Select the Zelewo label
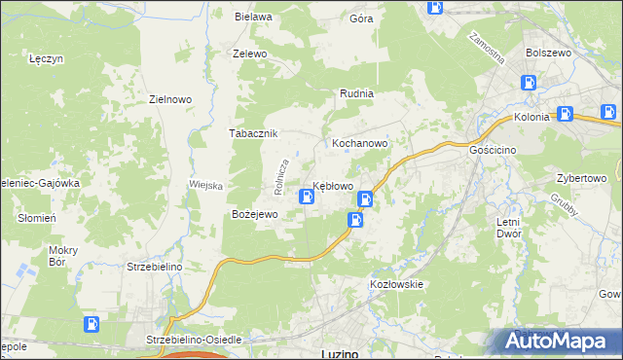coord(249,54)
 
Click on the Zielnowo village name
coord(169,98)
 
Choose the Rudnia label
coord(356,93)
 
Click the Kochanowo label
coord(360,142)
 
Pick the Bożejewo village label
coord(254,213)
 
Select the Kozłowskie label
coord(395,283)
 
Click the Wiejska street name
coord(206,185)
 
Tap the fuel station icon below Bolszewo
coord(530,84)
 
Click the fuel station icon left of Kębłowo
coord(307,198)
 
